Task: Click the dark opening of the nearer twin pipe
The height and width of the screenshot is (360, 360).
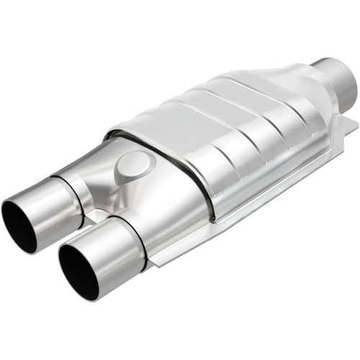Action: click(x=78, y=271)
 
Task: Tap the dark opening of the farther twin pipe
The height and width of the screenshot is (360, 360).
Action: click(x=19, y=226)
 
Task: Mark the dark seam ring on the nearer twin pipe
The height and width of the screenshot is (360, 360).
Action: click(x=134, y=238)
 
